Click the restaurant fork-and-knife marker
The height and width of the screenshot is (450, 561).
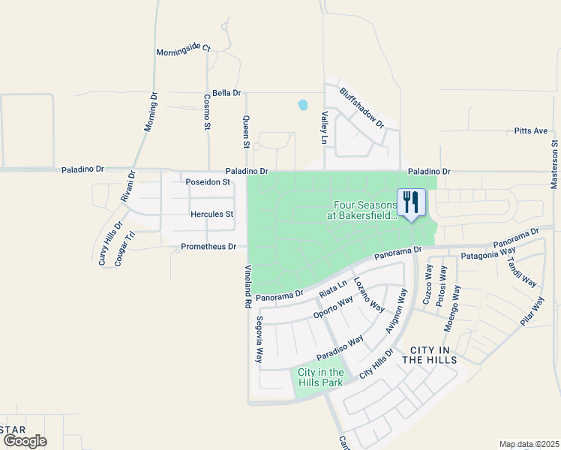410,202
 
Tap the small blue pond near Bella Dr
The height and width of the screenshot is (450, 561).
302,105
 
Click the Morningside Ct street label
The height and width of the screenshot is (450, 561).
184,50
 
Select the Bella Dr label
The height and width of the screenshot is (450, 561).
226,93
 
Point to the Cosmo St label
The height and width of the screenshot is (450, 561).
208,111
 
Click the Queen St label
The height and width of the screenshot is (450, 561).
246,131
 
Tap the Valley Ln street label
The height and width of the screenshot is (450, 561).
325,127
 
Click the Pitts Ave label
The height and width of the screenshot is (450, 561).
531,130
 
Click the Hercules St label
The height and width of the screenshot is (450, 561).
212,214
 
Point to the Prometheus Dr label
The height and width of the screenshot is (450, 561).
208,247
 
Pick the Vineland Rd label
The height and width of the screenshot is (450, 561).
247,286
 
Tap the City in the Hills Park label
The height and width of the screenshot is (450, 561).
320,377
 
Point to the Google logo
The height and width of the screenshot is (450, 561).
24,441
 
